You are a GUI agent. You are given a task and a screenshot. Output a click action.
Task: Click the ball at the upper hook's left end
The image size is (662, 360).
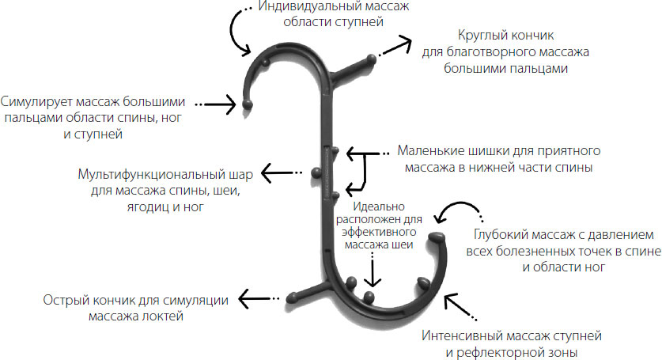pos(248,104)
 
